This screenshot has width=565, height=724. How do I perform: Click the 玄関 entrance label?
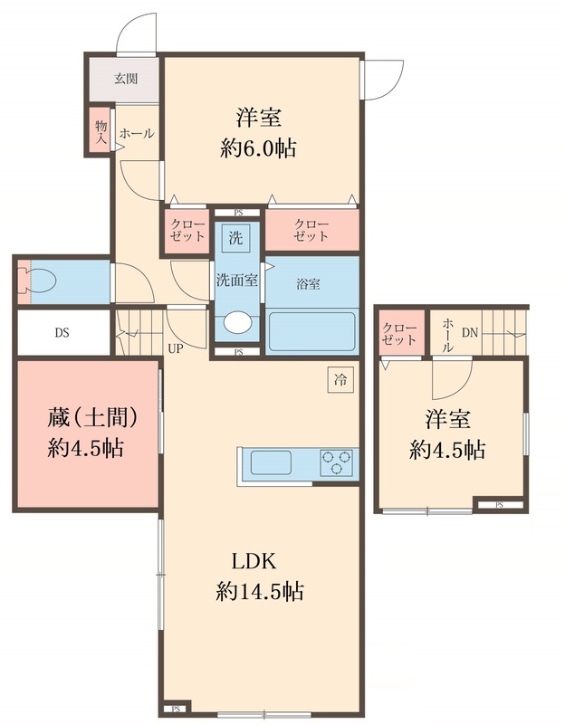pyautogui.click(x=126, y=78)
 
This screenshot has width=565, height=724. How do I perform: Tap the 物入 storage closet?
pyautogui.click(x=100, y=129)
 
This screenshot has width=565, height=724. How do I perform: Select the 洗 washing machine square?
pyautogui.click(x=235, y=240)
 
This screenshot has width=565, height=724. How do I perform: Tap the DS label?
pyautogui.click(x=62, y=332)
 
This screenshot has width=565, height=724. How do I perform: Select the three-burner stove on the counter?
pyautogui.click(x=336, y=463)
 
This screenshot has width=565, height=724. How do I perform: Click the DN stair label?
pyautogui.click(x=470, y=332)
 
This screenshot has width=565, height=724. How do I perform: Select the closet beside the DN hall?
pyautogui.click(x=399, y=334)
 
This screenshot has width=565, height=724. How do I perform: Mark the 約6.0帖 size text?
pyautogui.click(x=259, y=148)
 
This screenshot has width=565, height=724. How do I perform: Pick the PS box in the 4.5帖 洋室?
pyautogui.click(x=498, y=504)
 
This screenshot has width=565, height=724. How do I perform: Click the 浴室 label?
pyautogui.click(x=309, y=283)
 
